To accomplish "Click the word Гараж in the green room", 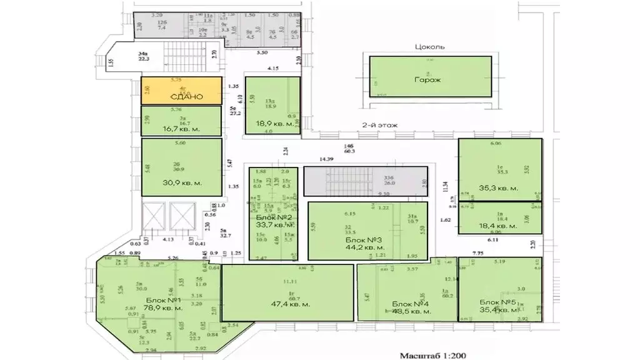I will coord(430,80).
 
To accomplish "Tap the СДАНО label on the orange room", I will coord(181,97).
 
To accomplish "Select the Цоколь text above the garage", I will coord(430,47).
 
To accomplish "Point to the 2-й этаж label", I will coord(379,125).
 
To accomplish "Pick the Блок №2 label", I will coord(271,217).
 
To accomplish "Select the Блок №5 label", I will coord(499,302).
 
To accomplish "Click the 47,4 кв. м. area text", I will coord(287,305).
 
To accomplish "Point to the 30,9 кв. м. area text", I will coord(181,183).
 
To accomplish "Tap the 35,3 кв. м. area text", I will coord(498,187).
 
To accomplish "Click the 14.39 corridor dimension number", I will coord(327,160).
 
